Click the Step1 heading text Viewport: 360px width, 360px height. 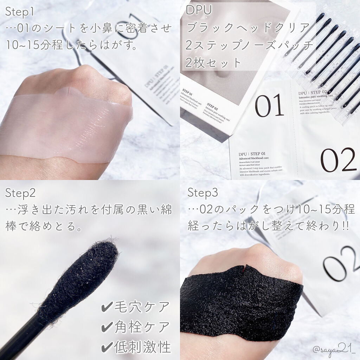point(20,13)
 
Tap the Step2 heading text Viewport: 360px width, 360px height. point(21,193)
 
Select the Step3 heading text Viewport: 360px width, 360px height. point(203,193)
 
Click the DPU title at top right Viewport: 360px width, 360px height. point(200,10)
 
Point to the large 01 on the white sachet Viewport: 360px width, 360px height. point(270,105)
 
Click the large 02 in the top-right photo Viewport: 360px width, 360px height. point(338,160)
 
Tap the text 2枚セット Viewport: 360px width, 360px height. point(215,63)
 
